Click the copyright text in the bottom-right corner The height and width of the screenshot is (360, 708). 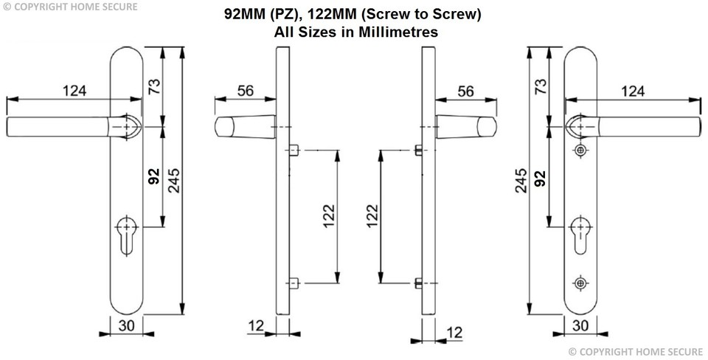coord(638,351)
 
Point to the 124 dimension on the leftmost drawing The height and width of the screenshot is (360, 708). coord(74,91)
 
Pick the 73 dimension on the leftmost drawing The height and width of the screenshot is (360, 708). coord(155,87)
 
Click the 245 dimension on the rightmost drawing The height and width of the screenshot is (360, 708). coord(521,181)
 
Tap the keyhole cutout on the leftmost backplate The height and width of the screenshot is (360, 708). coord(127,232)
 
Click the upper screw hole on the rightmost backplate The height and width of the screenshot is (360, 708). coord(580,150)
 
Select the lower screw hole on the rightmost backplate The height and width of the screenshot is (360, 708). coord(580,283)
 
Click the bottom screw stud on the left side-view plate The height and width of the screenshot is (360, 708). coord(294,283)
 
